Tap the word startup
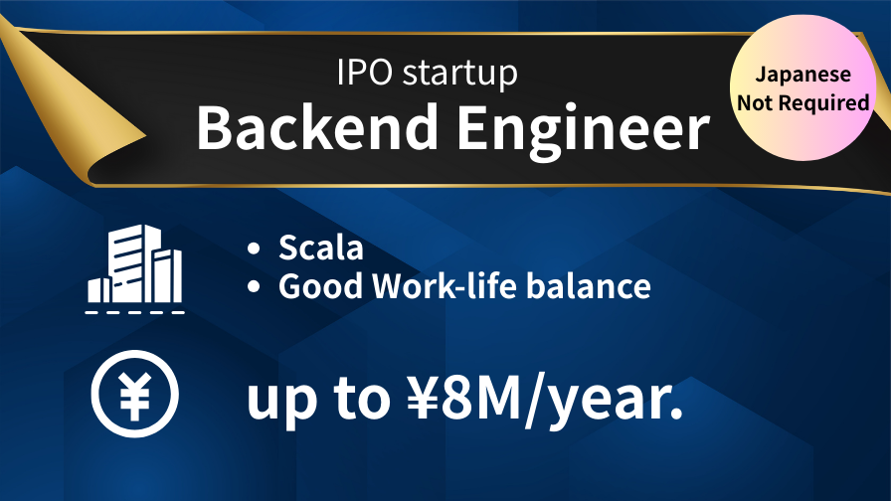coord(460,74)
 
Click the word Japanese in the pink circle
coord(802,75)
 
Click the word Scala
coord(320,248)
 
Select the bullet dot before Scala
coord(254,249)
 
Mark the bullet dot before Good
coord(254,287)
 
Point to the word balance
coord(588,285)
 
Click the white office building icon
coord(135,264)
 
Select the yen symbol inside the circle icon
coord(134,394)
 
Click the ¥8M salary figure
coord(463,398)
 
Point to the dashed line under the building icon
coord(134,312)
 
